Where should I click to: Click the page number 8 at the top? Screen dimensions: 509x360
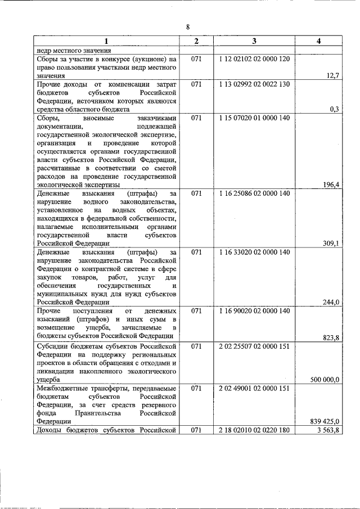point(188,26)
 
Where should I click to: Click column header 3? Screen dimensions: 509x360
point(254,42)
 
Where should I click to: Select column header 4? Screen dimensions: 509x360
point(319,42)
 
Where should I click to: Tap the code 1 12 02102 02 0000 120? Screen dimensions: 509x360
point(254,59)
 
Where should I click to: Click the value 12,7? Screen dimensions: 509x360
point(331,75)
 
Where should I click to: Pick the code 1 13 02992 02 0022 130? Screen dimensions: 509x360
point(254,84)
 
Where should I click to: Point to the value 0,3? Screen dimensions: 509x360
point(334,109)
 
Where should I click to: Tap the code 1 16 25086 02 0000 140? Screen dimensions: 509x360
point(254,193)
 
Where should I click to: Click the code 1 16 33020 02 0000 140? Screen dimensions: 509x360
point(254,253)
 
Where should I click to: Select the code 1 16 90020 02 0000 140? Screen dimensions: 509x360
point(254,311)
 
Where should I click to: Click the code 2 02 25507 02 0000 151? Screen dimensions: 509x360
point(254,346)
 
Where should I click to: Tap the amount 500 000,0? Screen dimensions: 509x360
point(325,380)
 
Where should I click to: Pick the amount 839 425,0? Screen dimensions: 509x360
point(325,421)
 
